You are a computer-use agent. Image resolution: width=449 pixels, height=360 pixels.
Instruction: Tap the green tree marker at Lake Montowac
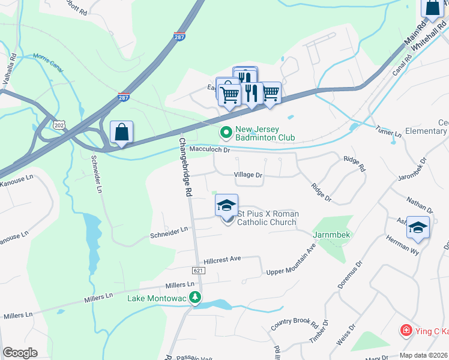click(194, 297)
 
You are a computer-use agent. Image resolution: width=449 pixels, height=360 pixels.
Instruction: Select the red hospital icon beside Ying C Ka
click(406, 331)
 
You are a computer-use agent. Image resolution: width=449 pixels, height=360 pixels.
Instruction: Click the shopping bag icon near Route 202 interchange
click(121, 133)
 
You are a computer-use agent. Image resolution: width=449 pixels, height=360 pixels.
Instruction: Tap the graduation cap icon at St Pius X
click(227, 206)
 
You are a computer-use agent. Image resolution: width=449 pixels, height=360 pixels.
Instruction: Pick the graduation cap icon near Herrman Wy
click(418, 228)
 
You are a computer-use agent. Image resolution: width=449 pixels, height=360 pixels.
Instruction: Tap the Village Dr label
click(248, 175)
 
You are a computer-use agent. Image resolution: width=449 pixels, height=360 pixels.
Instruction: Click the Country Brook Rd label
click(294, 324)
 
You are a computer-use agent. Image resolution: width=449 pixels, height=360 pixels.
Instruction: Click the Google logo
click(20, 353)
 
